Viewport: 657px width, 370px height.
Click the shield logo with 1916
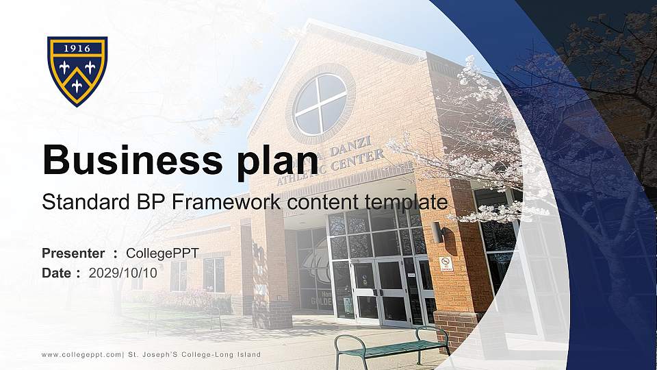(77, 71)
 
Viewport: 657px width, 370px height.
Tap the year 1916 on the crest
(77, 49)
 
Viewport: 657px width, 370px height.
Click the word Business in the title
(127, 160)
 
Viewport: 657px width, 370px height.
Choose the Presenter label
(73, 254)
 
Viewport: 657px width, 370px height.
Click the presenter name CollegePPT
(163, 254)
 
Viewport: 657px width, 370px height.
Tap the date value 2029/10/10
(123, 273)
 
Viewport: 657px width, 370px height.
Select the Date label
(57, 273)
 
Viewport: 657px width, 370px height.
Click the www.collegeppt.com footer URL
(81, 354)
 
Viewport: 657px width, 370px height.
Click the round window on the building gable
(320, 104)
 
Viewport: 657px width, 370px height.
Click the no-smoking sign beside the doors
(446, 264)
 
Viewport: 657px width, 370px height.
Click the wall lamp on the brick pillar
(437, 233)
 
